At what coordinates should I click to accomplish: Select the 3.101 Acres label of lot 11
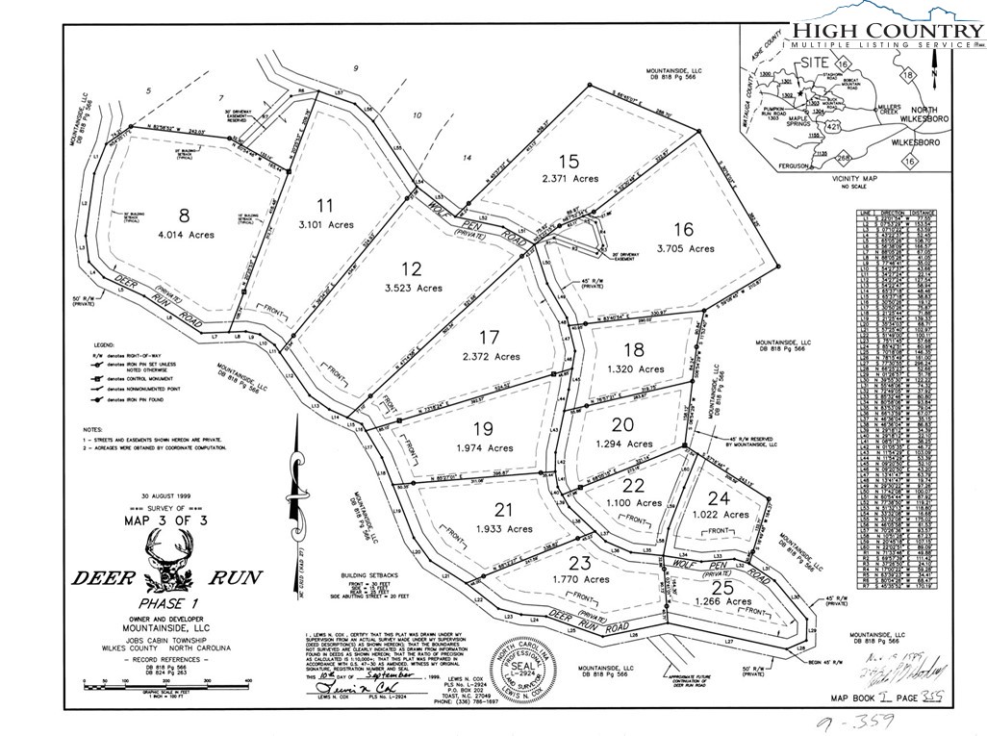click(x=327, y=224)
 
